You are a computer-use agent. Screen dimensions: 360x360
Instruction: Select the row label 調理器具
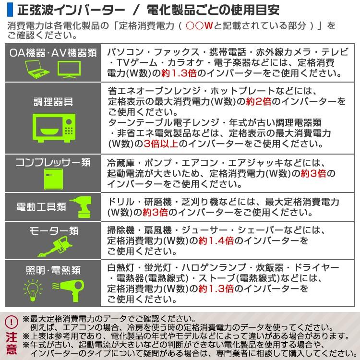(53, 101)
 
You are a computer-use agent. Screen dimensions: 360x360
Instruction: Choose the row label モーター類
(53, 231)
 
